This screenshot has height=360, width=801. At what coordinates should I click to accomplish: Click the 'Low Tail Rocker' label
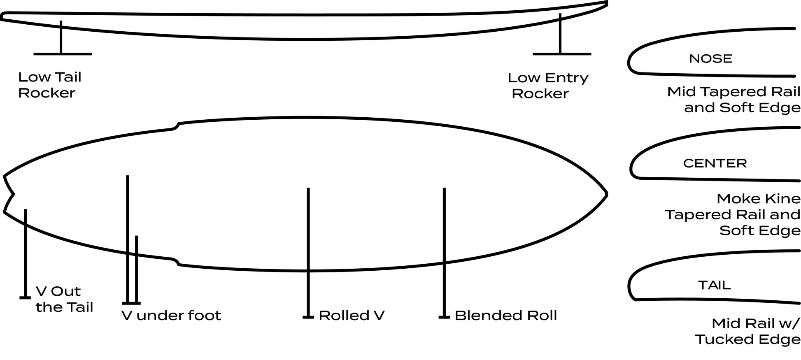49,85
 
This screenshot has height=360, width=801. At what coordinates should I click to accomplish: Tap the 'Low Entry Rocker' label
547,86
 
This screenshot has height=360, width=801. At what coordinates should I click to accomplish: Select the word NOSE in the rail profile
710,58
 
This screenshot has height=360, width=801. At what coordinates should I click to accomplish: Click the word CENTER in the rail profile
715,163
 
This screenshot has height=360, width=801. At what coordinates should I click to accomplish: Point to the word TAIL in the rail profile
714,285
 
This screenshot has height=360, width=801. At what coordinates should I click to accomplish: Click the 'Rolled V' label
352,316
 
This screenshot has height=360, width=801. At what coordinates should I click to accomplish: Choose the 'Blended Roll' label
505,316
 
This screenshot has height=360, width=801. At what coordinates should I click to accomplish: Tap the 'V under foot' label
171,316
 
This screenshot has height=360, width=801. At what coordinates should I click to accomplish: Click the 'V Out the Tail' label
64,299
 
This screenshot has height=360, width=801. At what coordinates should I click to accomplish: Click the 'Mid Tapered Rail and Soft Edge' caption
734,100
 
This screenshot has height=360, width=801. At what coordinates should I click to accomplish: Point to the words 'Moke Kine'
758,199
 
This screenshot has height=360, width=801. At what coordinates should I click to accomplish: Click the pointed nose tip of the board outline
606,193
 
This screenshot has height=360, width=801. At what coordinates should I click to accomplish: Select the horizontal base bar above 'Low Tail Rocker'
63,54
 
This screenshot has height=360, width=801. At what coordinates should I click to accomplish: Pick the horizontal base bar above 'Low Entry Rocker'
561,54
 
